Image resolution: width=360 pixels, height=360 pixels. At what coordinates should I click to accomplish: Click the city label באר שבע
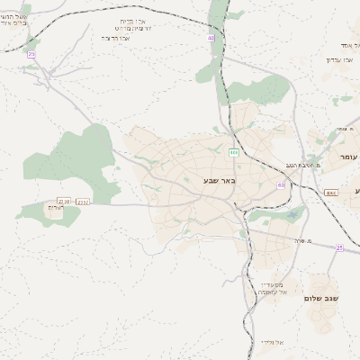[x=219, y=182]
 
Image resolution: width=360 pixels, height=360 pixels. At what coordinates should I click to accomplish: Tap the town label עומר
[x=348, y=157]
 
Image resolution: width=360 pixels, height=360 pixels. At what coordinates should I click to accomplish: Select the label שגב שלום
[x=321, y=298]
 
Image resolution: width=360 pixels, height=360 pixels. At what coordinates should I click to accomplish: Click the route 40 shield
[x=211, y=38]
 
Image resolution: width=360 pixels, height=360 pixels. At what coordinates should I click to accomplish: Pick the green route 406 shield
[x=234, y=153]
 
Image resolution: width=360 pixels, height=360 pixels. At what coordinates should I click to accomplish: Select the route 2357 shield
[x=83, y=202]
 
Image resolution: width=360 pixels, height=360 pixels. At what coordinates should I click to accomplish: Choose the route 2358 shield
[x=64, y=201]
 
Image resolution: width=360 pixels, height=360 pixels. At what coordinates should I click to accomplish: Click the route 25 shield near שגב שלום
[x=339, y=247]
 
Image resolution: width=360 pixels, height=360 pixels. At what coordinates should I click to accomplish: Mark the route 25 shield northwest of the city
[x=31, y=55]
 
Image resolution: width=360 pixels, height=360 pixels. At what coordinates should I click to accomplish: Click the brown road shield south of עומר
[x=330, y=193]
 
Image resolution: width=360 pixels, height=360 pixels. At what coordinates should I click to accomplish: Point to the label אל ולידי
[x=272, y=343]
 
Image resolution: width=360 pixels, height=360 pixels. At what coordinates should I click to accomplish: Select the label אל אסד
[x=349, y=45]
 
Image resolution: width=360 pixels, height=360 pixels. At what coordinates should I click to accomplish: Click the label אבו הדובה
[x=117, y=39]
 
